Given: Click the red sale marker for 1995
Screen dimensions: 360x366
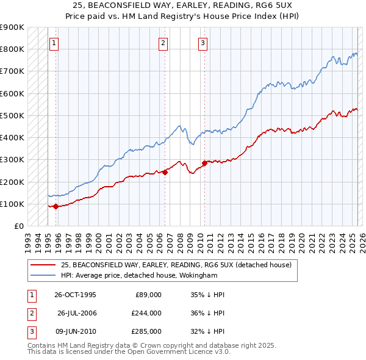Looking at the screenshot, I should [x=56, y=206].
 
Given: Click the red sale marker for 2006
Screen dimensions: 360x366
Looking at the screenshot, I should [x=165, y=172].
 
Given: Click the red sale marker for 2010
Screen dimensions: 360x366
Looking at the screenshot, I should [x=204, y=163].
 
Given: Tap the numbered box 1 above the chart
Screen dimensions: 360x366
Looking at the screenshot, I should [x=55, y=43].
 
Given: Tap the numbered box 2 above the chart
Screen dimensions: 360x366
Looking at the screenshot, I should [x=163, y=43].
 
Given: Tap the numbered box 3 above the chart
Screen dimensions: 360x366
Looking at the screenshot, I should [x=203, y=43].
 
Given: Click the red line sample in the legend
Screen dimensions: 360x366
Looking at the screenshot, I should [x=43, y=265].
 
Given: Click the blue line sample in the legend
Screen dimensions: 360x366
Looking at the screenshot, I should [x=43, y=275].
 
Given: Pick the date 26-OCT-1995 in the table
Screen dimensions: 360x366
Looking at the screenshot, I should [x=75, y=295].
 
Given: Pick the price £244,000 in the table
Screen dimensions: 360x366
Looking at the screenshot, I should [x=146, y=313].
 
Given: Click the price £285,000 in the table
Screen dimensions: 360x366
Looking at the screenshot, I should [x=146, y=331].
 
